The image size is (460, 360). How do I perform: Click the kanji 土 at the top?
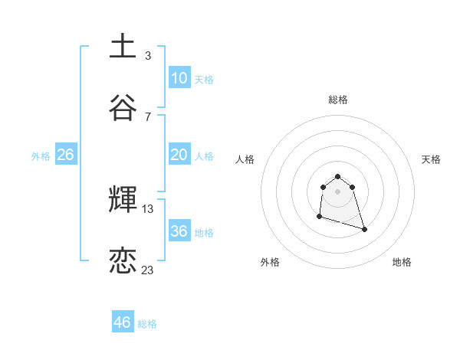click(123, 46)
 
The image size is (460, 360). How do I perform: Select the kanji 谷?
click(123, 108)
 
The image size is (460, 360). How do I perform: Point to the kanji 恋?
click(123, 261)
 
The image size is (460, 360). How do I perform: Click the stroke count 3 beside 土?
click(148, 55)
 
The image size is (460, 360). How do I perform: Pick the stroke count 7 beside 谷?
click(148, 116)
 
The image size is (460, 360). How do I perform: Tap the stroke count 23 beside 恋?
click(148, 270)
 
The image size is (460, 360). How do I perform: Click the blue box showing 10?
click(179, 78)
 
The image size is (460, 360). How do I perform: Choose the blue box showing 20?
click(179, 155)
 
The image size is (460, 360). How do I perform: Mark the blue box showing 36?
click(179, 231)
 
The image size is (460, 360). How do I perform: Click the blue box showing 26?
click(65, 155)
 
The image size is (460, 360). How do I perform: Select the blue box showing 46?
click(123, 322)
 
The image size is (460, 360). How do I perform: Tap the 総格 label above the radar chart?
click(338, 100)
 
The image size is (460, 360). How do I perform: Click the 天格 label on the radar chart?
click(431, 159)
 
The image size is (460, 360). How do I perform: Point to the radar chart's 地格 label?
click(402, 262)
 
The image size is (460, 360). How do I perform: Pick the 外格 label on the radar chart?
click(270, 262)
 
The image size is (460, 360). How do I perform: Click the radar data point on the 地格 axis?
click(364, 229)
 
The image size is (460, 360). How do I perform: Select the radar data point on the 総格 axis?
click(337, 174)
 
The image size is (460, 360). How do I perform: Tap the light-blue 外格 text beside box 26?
click(41, 155)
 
